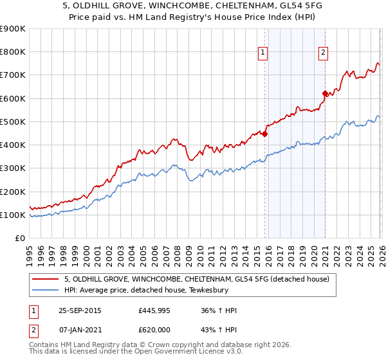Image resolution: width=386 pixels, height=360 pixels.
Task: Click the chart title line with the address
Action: tap(193, 6)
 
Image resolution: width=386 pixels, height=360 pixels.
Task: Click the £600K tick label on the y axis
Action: tap(13, 98)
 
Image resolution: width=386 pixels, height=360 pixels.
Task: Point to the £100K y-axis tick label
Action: tap(13, 215)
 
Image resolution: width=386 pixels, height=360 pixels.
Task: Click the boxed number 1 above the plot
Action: tap(264, 53)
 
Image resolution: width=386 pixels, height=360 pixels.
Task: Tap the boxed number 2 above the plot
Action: tap(323, 53)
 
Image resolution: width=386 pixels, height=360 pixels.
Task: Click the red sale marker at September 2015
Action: tap(264, 134)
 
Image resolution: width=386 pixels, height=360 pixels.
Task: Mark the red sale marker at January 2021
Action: tap(325, 93)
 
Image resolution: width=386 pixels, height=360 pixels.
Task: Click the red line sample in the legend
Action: tap(45, 279)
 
